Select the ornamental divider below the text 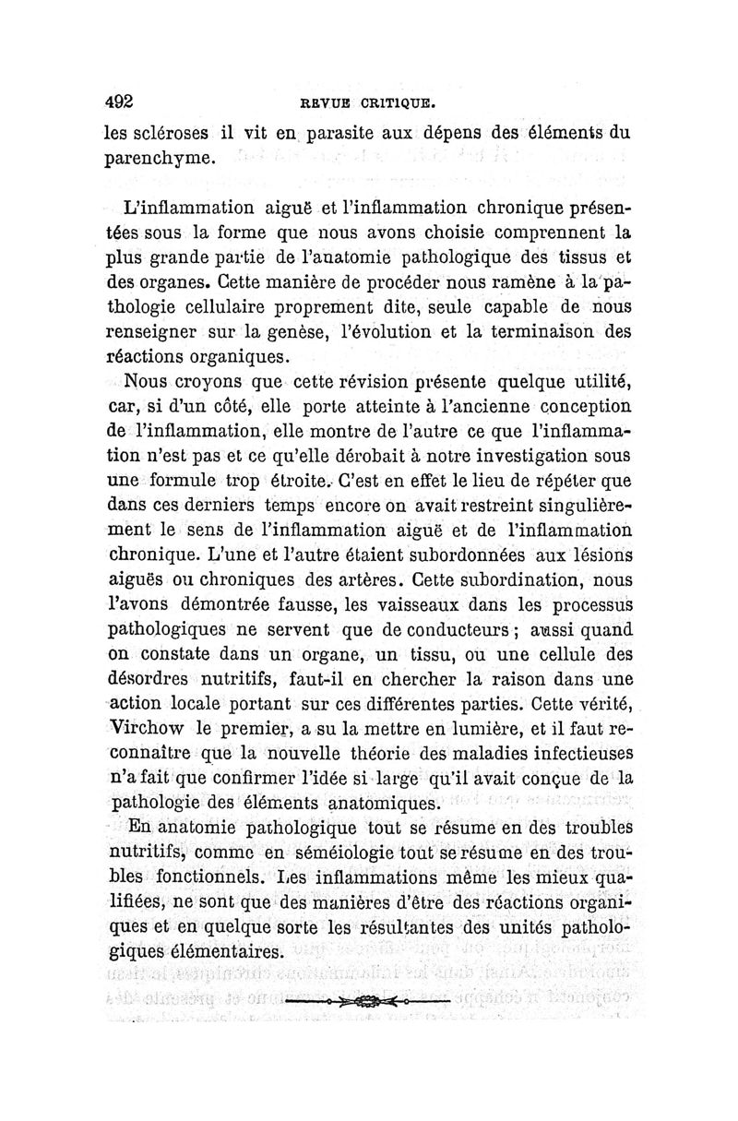[365, 1001]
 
